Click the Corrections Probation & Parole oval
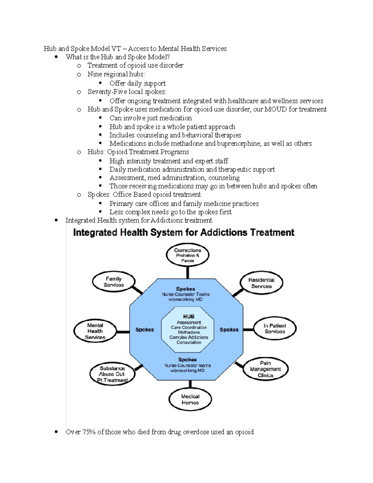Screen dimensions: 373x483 [x=187, y=255]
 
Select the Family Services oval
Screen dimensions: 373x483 [x=113, y=282]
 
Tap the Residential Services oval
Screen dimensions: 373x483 [x=261, y=283]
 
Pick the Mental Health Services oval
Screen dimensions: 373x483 [x=95, y=331]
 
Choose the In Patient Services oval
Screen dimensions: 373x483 [x=275, y=328]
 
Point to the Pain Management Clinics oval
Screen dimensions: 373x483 [x=265, y=369]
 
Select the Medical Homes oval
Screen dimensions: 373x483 [x=190, y=399]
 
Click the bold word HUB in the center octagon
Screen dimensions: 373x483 [x=189, y=317]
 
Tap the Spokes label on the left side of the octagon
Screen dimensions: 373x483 [x=145, y=330]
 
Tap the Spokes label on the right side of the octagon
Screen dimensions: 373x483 [x=229, y=330]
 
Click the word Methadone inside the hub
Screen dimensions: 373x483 [x=189, y=332]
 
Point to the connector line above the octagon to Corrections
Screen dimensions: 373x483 [x=187, y=272]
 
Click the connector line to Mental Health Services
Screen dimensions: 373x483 [x=123, y=332]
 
